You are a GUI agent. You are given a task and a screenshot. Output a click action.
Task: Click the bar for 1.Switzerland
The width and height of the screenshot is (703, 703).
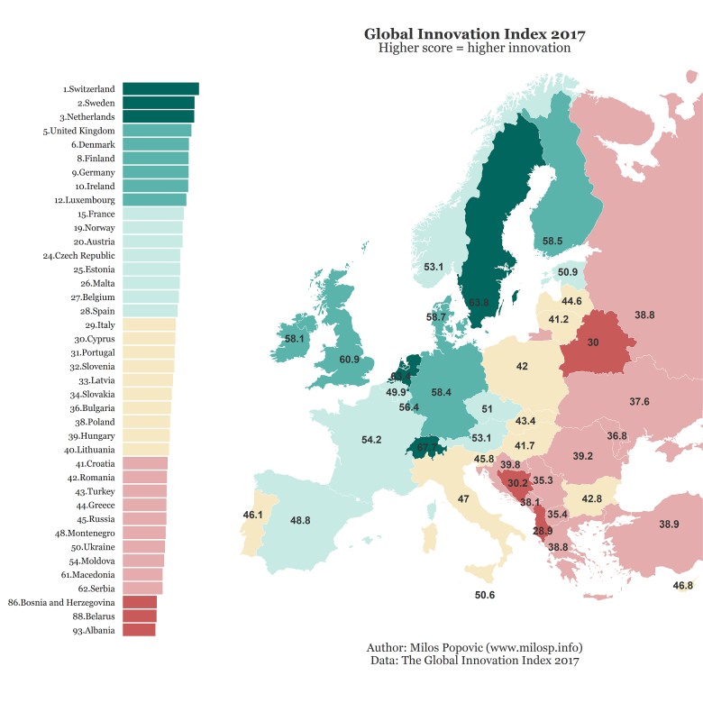160,89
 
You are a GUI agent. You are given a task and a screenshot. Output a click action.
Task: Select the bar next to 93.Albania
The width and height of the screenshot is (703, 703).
138,630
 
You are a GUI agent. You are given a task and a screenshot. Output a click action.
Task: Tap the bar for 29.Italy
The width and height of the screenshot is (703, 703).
149,324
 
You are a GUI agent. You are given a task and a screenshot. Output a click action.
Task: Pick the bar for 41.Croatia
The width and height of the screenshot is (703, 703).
144,463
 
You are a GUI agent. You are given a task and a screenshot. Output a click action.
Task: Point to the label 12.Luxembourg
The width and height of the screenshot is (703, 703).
85,199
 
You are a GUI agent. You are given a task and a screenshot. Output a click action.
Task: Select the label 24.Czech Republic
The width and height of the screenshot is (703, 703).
79,255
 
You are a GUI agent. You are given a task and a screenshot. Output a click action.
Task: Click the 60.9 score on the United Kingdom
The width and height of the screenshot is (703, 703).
350,360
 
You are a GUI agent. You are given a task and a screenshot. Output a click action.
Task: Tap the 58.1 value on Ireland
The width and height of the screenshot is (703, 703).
295,339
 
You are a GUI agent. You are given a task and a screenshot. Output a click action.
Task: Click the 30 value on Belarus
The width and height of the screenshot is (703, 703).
593,342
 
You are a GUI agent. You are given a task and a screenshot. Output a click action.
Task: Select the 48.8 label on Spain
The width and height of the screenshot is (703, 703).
300,521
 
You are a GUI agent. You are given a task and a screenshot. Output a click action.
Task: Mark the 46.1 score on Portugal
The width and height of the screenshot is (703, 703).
253,515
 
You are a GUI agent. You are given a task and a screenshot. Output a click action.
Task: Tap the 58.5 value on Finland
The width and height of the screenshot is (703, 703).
552,242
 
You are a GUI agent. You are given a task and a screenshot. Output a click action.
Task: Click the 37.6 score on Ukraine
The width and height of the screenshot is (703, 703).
640,401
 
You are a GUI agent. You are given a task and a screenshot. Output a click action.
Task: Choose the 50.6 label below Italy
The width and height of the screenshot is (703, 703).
485,595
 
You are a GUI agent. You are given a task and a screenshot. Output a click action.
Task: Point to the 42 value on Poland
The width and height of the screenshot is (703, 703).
522,366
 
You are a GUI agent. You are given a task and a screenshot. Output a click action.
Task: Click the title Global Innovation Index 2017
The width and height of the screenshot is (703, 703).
475,34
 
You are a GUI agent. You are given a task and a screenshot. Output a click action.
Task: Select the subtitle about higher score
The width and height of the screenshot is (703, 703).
475,49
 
